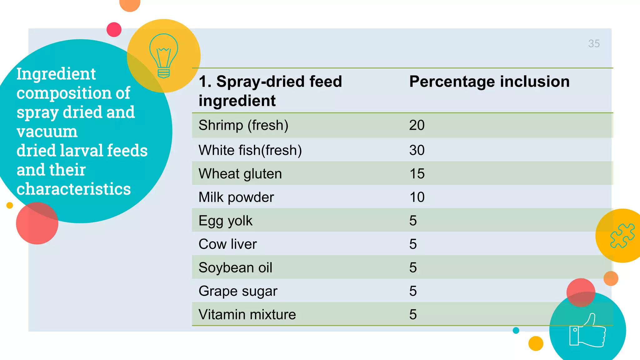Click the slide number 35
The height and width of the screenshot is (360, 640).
[x=594, y=43]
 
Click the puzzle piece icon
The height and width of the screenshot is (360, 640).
[x=622, y=236]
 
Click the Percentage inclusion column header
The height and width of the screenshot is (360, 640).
[x=489, y=82]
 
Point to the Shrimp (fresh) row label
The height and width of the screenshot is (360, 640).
[x=243, y=125]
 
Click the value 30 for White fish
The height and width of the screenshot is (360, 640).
[x=417, y=150]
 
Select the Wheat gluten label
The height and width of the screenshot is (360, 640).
[x=240, y=174]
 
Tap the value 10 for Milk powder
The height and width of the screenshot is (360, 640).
[x=417, y=197]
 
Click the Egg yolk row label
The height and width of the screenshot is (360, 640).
[x=225, y=221]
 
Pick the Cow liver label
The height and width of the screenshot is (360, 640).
[x=227, y=244]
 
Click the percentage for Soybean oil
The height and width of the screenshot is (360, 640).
[x=413, y=267]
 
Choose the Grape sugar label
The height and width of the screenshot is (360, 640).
[x=238, y=291]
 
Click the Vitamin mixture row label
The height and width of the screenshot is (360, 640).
[x=247, y=315]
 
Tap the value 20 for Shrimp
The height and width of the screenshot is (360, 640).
[x=417, y=125]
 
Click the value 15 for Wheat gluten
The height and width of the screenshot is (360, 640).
[x=417, y=174]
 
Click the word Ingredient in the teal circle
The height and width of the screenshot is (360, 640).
[x=56, y=74]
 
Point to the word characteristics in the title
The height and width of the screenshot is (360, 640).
[x=73, y=189]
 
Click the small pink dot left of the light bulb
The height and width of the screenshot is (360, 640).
[x=114, y=30]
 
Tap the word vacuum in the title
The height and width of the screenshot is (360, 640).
[x=47, y=132]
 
